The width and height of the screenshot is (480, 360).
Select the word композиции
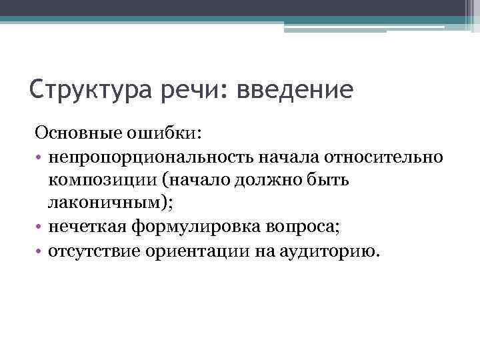pos(103,181)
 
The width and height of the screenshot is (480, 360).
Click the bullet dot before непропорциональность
pos(40,157)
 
